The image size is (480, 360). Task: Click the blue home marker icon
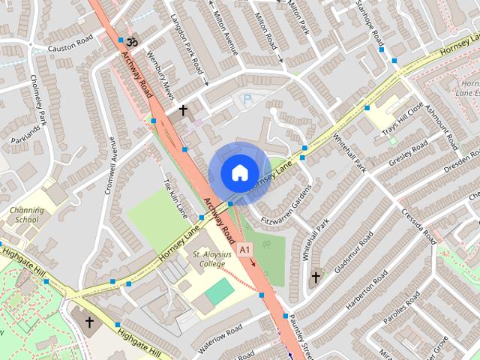(238, 172)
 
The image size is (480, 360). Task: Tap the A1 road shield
(245, 248)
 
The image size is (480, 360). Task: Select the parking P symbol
(245, 99)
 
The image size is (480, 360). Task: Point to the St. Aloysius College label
(208, 259)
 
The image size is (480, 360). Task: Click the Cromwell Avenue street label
(113, 149)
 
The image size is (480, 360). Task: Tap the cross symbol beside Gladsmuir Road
(316, 278)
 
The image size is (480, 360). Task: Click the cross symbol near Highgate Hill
(90, 322)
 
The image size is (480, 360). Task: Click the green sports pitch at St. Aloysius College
(220, 292)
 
